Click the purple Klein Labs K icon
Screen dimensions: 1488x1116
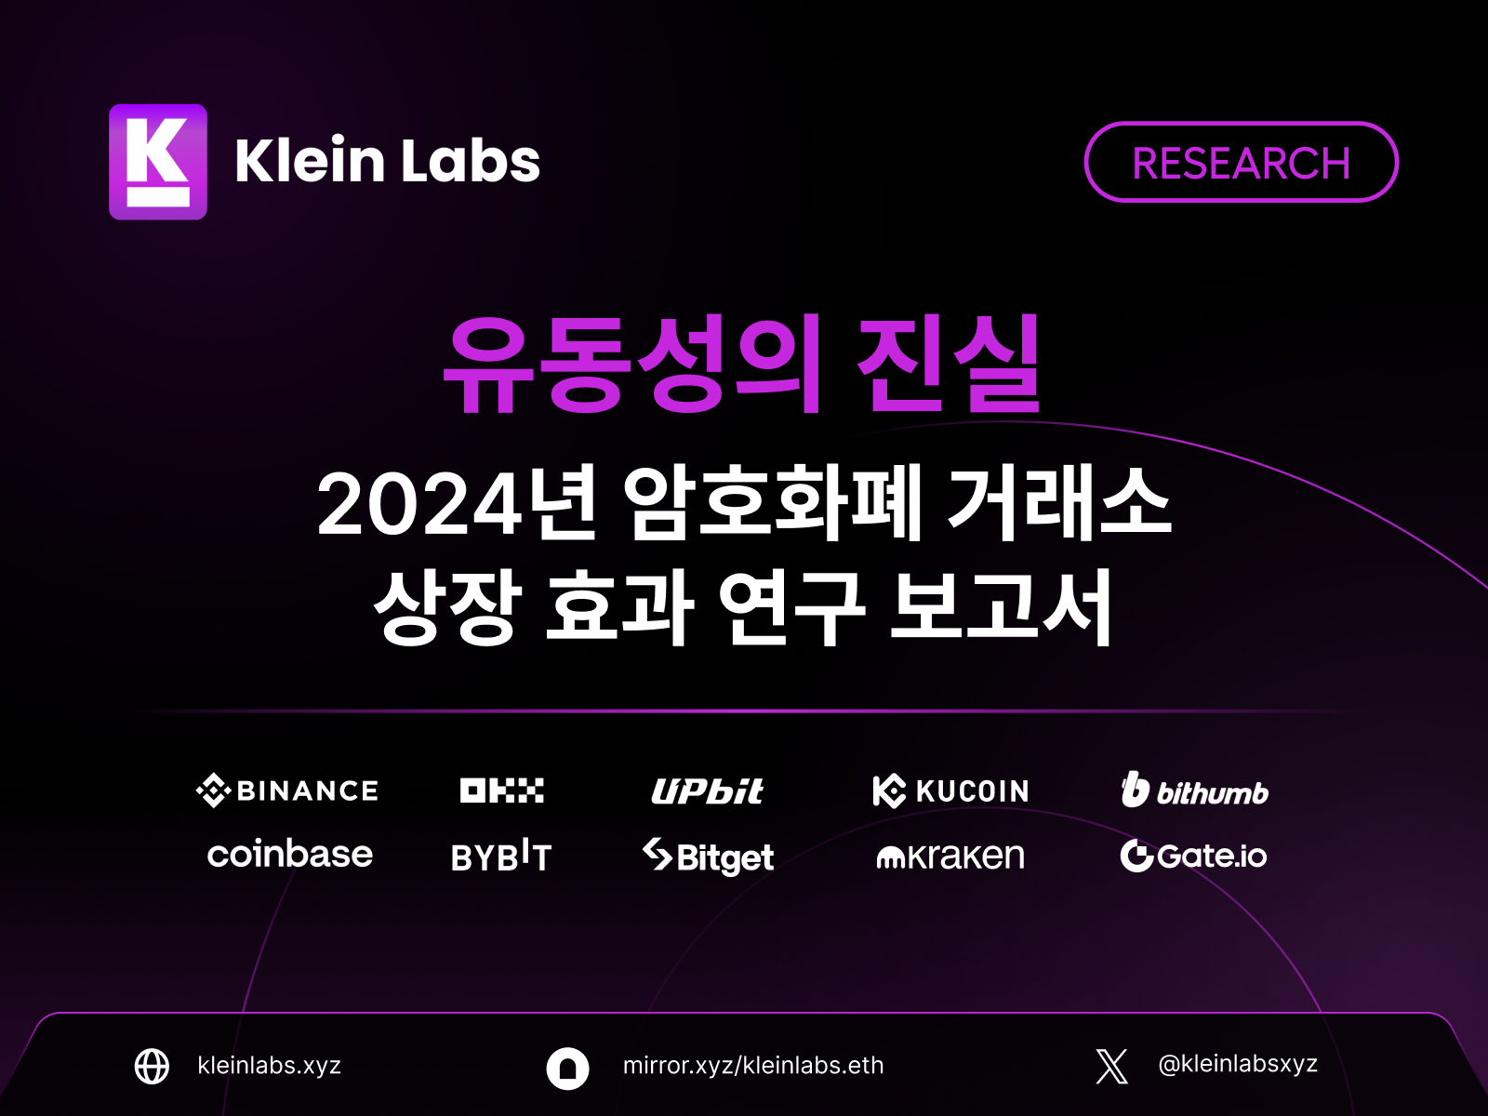click(158, 161)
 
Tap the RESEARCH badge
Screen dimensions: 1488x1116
click(1241, 162)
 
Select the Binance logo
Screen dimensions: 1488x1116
click(286, 790)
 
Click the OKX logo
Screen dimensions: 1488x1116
click(501, 790)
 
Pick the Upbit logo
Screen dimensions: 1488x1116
click(707, 790)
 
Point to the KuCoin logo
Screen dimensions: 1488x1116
click(950, 790)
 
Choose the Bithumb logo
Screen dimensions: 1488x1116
click(1194, 790)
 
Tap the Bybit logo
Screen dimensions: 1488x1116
click(501, 856)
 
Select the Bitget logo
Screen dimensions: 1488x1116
click(708, 857)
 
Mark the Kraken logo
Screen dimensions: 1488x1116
click(950, 856)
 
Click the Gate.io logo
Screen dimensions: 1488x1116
click(1193, 855)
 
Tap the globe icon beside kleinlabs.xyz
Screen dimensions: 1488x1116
click(152, 1066)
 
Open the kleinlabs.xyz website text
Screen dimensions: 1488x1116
click(269, 1065)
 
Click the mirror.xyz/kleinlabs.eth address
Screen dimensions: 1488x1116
click(753, 1065)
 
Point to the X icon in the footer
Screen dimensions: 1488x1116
click(1111, 1066)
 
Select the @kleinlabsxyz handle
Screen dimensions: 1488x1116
click(1238, 1064)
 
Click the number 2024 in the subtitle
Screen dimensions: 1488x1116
click(420, 505)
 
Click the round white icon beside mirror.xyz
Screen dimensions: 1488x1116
click(567, 1069)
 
